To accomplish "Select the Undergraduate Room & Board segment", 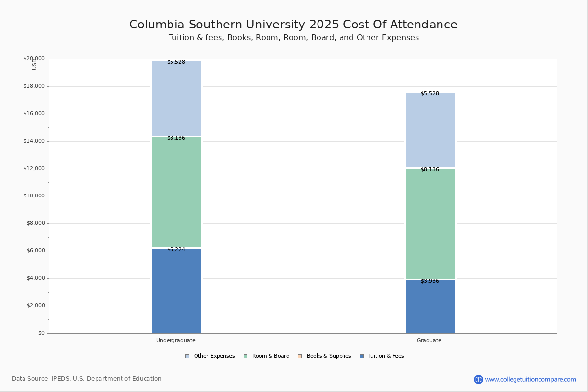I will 176,192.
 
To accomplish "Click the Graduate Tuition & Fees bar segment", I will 430,306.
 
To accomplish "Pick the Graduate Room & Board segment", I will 430,223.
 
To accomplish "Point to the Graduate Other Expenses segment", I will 430,130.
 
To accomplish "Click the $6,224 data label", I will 176,250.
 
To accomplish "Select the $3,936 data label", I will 430,281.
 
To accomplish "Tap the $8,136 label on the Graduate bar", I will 430,170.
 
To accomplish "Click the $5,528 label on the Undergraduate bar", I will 176,62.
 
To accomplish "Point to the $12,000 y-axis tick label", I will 34,169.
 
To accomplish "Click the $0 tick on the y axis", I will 41,333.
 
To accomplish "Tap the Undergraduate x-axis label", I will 176,340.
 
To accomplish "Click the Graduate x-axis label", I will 429,340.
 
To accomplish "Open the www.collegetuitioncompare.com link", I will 530,379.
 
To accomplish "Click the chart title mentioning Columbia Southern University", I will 293,25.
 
